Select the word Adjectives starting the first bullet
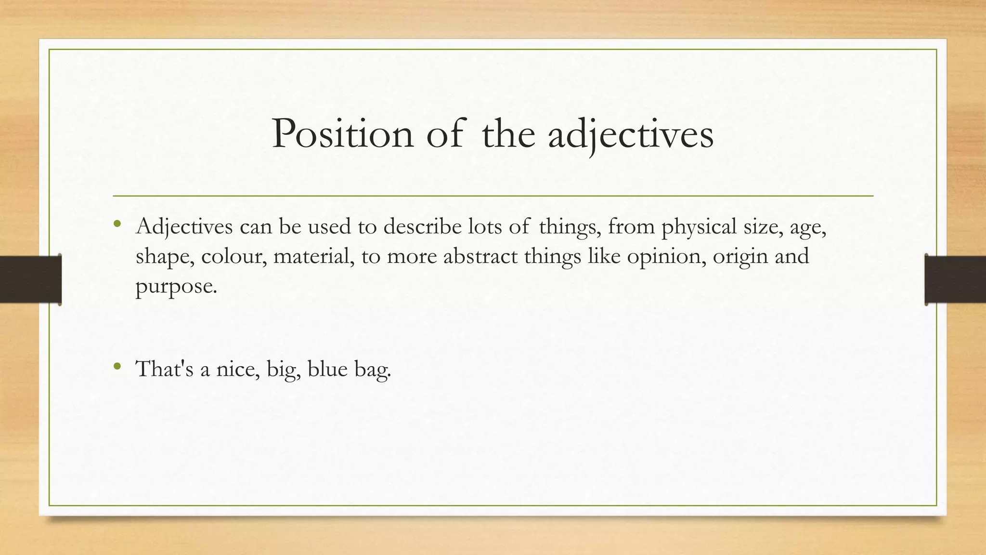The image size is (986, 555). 184,226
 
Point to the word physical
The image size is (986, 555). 699,226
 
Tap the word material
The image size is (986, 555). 313,256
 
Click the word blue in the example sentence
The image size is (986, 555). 327,369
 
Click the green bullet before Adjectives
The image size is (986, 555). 117,223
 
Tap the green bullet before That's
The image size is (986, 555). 117,367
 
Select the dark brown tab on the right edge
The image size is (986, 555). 955,279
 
